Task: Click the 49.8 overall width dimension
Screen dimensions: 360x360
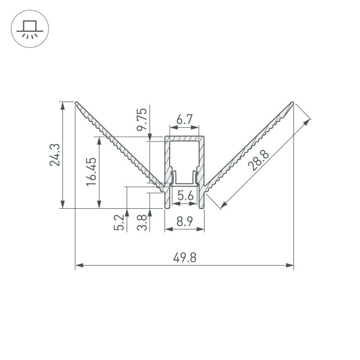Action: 185,258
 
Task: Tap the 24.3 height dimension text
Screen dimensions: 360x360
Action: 55,154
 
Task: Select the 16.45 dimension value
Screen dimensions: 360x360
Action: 91,172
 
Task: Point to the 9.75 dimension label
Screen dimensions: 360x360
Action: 142,120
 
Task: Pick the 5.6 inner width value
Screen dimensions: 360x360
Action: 185,195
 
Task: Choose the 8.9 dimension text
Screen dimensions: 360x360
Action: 185,223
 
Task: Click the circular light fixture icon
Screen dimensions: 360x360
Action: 28,28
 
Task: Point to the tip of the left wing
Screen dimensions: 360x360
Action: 76,102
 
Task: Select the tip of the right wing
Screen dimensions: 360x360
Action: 293,103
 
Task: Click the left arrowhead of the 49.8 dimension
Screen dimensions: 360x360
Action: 78,265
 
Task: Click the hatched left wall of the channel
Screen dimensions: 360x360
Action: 167,159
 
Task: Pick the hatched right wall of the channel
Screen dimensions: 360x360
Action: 203,159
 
